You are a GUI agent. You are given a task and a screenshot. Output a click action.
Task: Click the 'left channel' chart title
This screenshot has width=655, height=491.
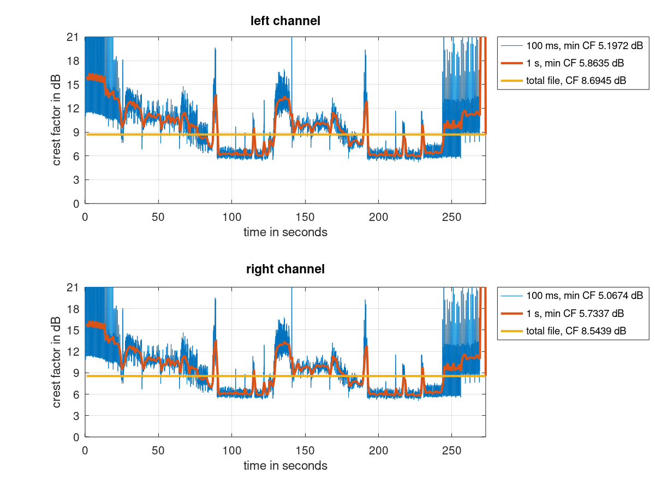285,21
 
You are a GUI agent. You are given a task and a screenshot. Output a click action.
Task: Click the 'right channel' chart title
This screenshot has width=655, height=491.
285,269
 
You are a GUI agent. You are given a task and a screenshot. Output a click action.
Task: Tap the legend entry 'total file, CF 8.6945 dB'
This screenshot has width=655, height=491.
576,80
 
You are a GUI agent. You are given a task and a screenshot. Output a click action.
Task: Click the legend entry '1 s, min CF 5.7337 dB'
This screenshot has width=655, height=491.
575,313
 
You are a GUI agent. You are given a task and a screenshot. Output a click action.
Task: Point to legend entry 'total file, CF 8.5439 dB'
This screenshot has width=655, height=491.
576,331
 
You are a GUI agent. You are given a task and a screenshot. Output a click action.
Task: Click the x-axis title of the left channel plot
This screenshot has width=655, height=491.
285,232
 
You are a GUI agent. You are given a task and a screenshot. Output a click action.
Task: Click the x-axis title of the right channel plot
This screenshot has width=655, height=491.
285,466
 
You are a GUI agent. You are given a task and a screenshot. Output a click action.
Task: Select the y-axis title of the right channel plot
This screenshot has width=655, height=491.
57,362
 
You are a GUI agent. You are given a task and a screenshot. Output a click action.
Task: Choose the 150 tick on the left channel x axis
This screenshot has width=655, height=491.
305,215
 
